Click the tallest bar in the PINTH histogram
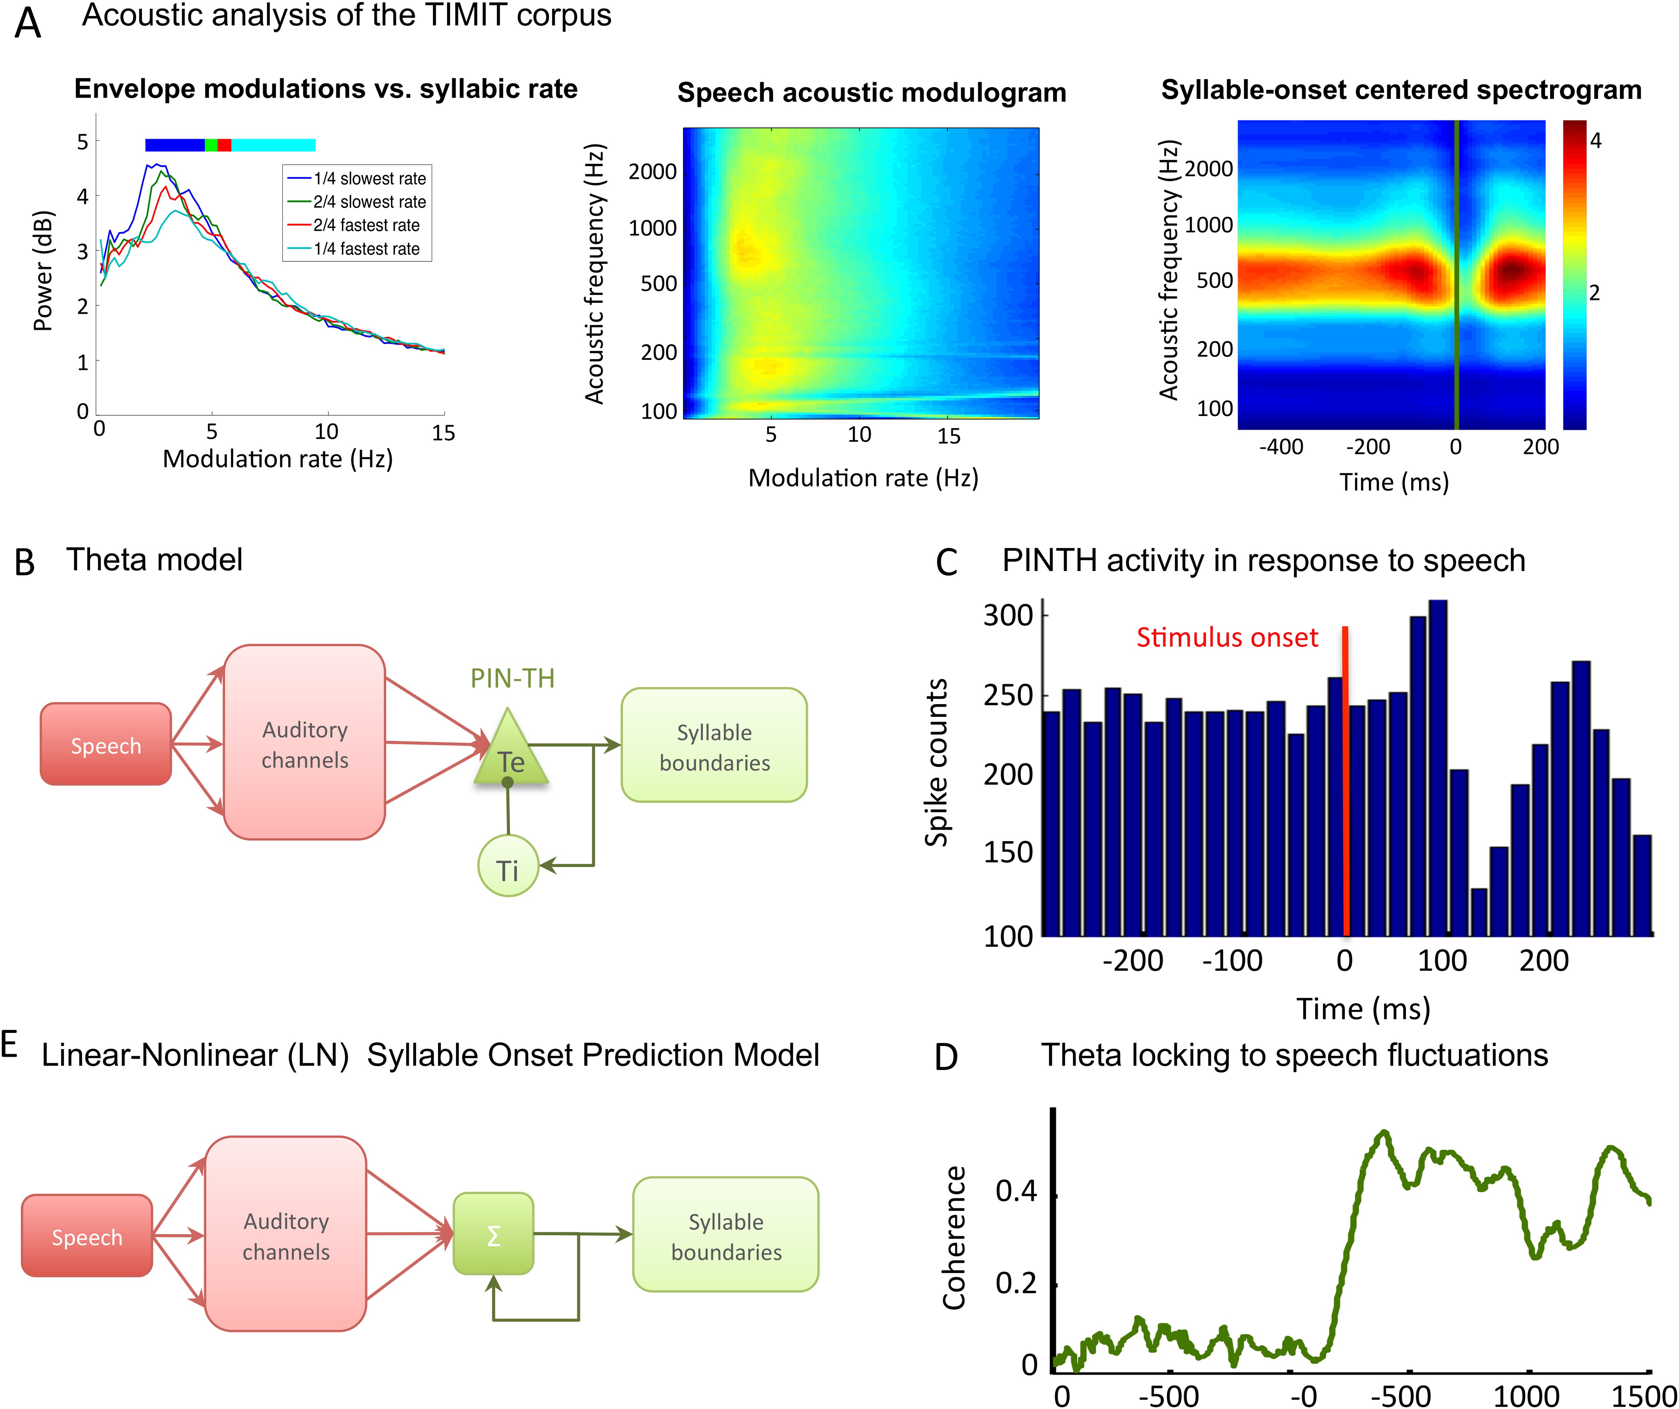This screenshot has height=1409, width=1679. click(x=1437, y=767)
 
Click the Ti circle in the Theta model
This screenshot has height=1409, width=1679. click(x=508, y=869)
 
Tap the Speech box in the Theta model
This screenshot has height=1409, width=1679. click(x=106, y=745)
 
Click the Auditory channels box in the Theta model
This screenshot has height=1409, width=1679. click(x=305, y=743)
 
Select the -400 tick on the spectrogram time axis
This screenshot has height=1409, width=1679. click(x=1281, y=447)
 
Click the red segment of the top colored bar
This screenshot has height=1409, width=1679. click(x=224, y=145)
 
